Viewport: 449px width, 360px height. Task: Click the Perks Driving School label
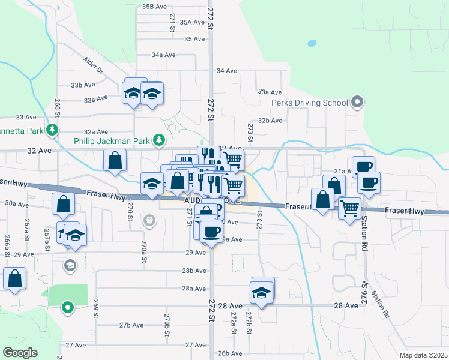[x=309, y=103]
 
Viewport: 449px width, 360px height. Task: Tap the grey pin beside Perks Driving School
[x=357, y=102]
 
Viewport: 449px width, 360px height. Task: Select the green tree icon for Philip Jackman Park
[x=158, y=140]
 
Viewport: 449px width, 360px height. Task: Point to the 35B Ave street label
[x=155, y=7]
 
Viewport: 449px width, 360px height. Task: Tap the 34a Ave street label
[x=163, y=55]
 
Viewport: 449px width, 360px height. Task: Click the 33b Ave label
[x=83, y=85]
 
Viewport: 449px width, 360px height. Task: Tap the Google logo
[x=20, y=353]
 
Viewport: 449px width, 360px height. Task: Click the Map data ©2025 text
[x=424, y=355]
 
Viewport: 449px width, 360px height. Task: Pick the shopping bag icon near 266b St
[x=14, y=278]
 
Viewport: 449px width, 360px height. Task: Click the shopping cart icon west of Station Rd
[x=349, y=209]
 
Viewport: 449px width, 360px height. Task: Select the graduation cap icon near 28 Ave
[x=262, y=292]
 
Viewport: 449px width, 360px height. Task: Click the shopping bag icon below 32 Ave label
[x=115, y=160]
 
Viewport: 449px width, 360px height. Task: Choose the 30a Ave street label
[x=16, y=204]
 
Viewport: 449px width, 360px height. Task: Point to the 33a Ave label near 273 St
[x=270, y=92]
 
